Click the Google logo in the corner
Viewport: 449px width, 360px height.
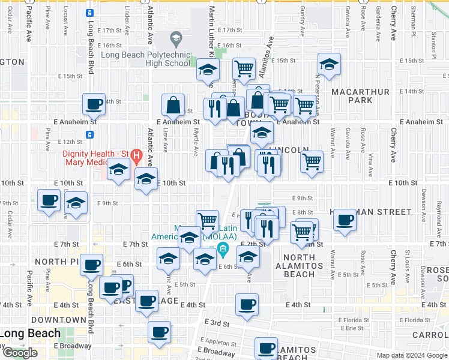pyautogui.click(x=20, y=353)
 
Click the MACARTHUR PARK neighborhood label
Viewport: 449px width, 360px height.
pyautogui.click(x=360, y=96)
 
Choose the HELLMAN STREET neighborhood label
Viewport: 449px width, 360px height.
pyautogui.click(x=370, y=212)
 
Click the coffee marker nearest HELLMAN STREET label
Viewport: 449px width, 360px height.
pyautogui.click(x=345, y=220)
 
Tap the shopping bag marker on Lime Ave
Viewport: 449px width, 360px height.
pyautogui.click(x=173, y=105)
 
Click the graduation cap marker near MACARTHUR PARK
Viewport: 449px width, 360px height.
pyautogui.click(x=329, y=65)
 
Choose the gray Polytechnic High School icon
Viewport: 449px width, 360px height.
pyautogui.click(x=176, y=40)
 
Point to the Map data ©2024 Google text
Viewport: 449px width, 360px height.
pyautogui.click(x=412, y=355)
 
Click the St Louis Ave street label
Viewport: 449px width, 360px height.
pyautogui.click(x=408, y=262)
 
